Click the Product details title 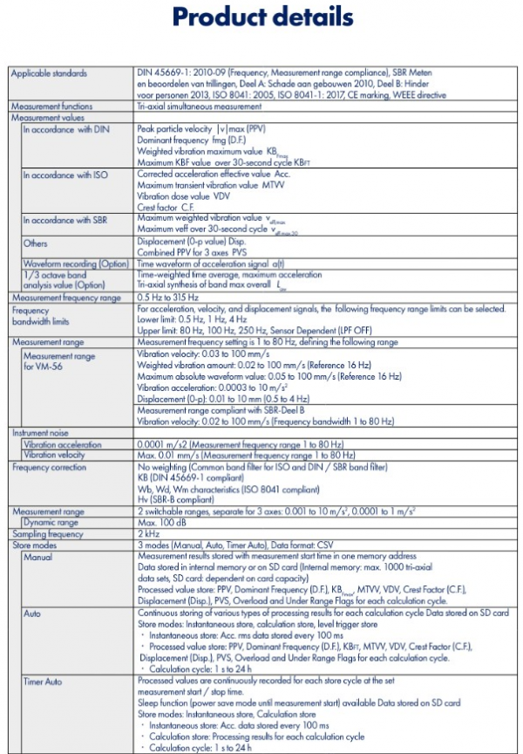coord(261,17)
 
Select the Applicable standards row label coord(49,73)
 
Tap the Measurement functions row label coord(51,106)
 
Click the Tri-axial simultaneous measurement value coord(200,106)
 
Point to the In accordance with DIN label coord(63,127)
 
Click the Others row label coord(36,243)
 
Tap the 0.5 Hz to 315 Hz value coord(167,298)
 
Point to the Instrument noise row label coord(39,433)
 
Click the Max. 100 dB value coord(162,520)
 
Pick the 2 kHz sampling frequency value coord(147,531)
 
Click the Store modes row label coord(34,543)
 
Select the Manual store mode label coord(37,556)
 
